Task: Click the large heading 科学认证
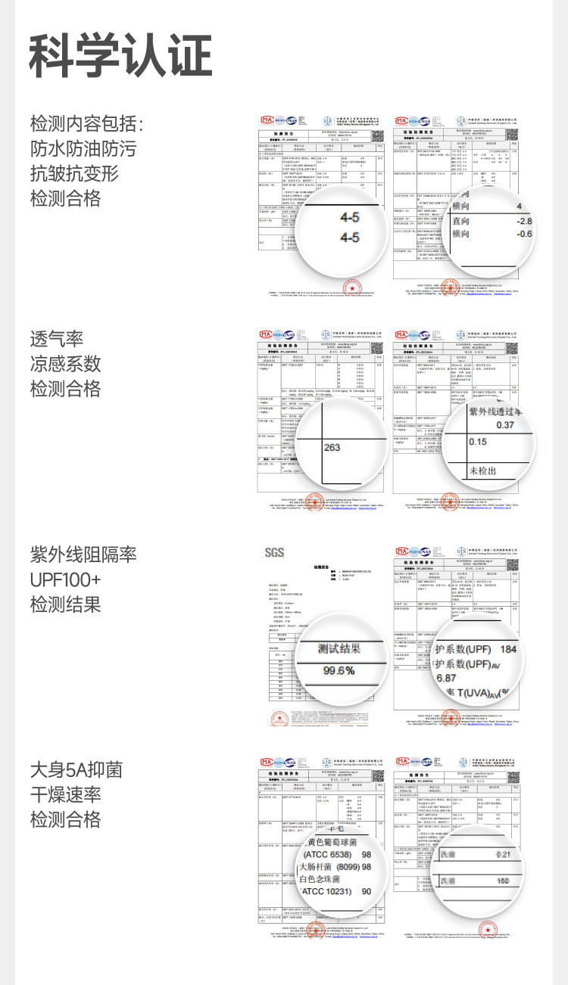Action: pyautogui.click(x=120, y=56)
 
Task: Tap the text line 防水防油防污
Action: pyautogui.click(x=83, y=148)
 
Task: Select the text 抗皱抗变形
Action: pyautogui.click(x=74, y=173)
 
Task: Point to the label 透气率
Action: pyautogui.click(x=57, y=339)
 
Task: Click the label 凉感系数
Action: pyautogui.click(x=66, y=364)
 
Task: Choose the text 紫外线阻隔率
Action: pyautogui.click(x=83, y=555)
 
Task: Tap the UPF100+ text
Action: pyautogui.click(x=65, y=580)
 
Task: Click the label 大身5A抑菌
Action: pyautogui.click(x=76, y=770)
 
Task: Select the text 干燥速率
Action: pyautogui.click(x=66, y=795)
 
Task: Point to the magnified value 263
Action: pyautogui.click(x=332, y=447)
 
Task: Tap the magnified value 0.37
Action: pyautogui.click(x=504, y=425)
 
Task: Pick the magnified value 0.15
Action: pyautogui.click(x=478, y=441)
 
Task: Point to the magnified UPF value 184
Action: pyautogui.click(x=508, y=650)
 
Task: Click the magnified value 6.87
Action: pyautogui.click(x=446, y=679)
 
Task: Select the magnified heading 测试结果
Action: pyautogui.click(x=339, y=649)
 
